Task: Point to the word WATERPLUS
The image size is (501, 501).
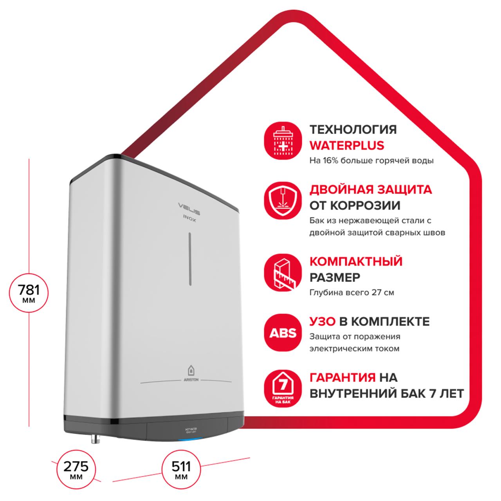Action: click(347, 145)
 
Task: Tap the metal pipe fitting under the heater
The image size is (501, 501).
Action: click(94, 438)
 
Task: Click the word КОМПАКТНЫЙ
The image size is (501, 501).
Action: click(356, 261)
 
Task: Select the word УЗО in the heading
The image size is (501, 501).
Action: click(323, 321)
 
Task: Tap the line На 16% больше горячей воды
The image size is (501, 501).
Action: click(371, 160)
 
